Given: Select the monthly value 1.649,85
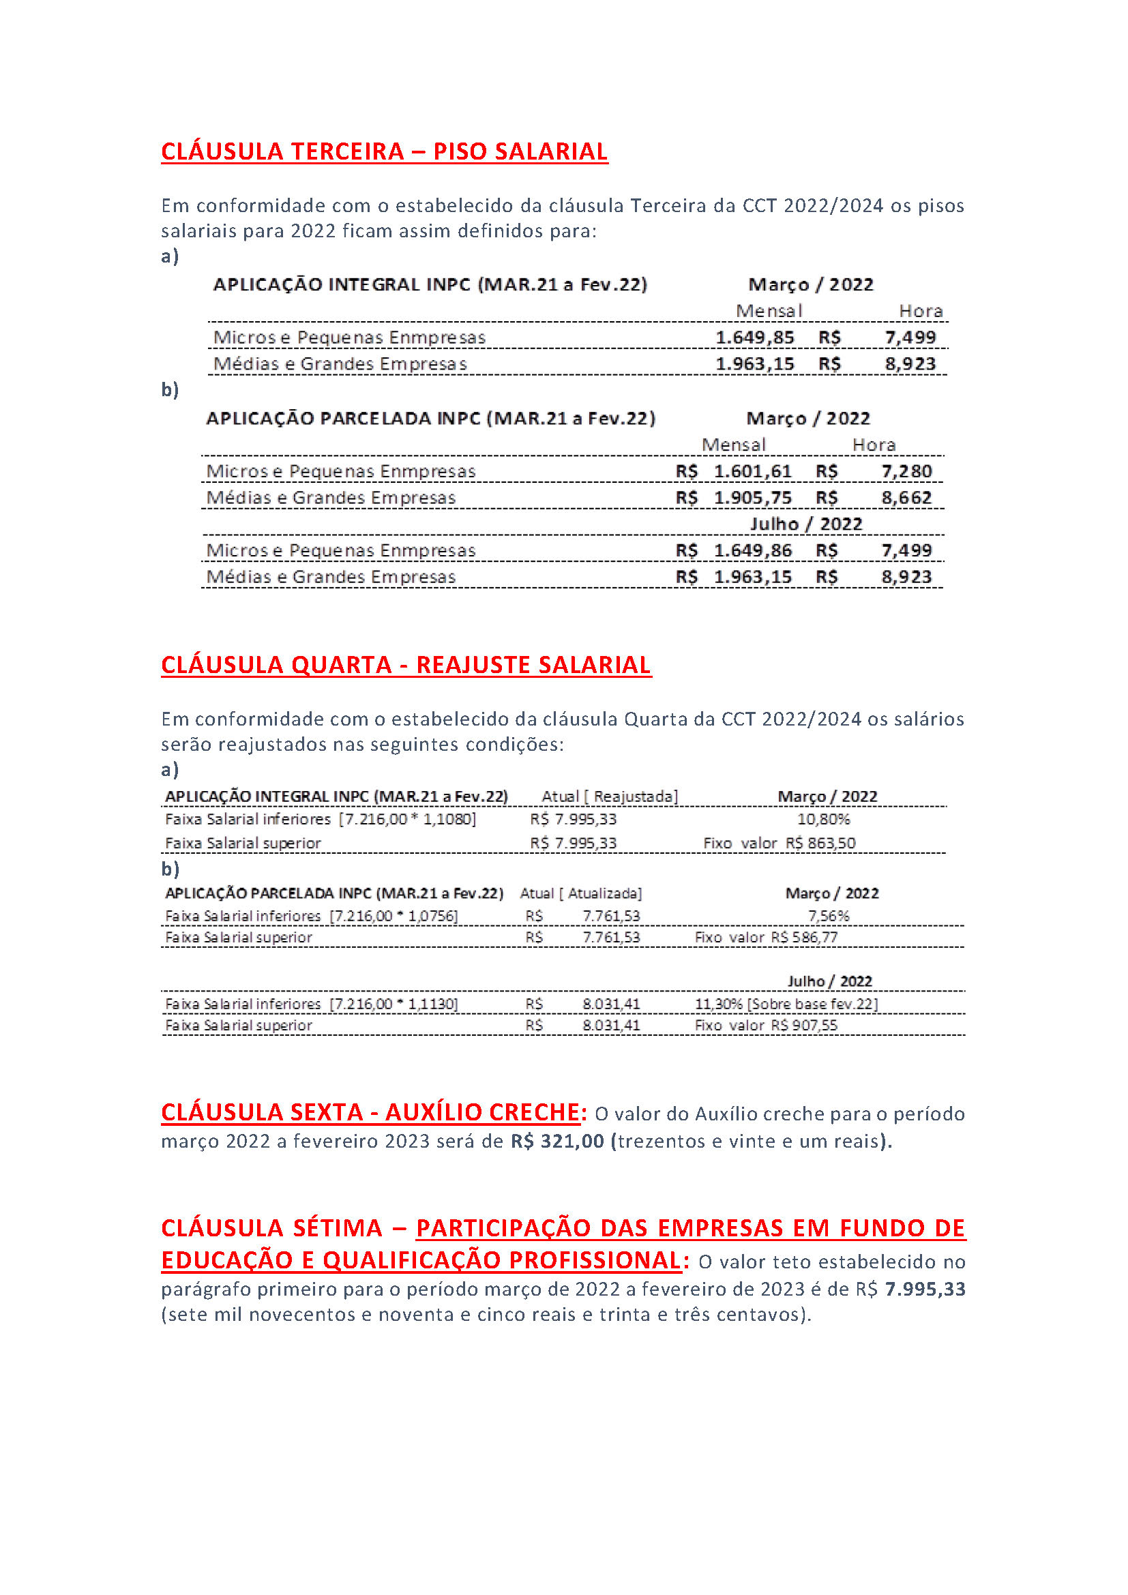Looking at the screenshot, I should pos(754,338).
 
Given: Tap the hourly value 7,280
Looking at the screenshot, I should pos(906,472).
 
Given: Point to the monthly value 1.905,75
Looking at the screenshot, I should pos(752,498).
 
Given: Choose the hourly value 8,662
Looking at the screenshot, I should pos(906,498).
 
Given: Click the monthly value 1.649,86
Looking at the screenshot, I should pos(752,551).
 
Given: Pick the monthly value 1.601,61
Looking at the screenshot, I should pos(752,472).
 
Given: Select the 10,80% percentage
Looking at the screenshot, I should pos(823,820).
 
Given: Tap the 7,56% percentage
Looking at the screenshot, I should pos(828,916).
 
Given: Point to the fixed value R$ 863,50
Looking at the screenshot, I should pos(820,844).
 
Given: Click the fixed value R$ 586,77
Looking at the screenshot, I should pos(803,938).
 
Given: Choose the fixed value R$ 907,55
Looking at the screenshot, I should pos(803,1026).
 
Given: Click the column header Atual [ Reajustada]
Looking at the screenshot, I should pos(609,796).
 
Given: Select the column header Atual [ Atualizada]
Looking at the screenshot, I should pos(580,893).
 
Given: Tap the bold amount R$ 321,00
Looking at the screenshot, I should pos(557,1142).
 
